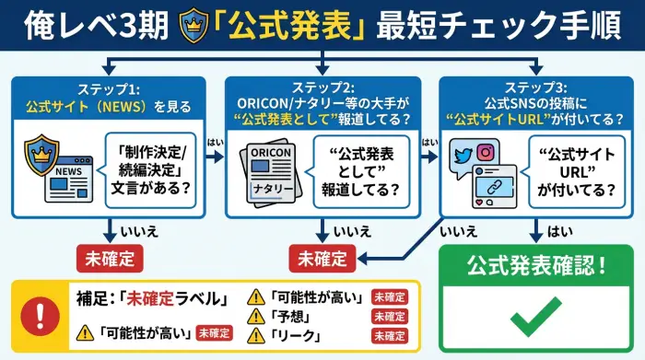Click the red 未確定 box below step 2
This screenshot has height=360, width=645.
pyautogui.click(x=323, y=257)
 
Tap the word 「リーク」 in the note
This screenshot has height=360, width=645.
pyautogui.click(x=295, y=337)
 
